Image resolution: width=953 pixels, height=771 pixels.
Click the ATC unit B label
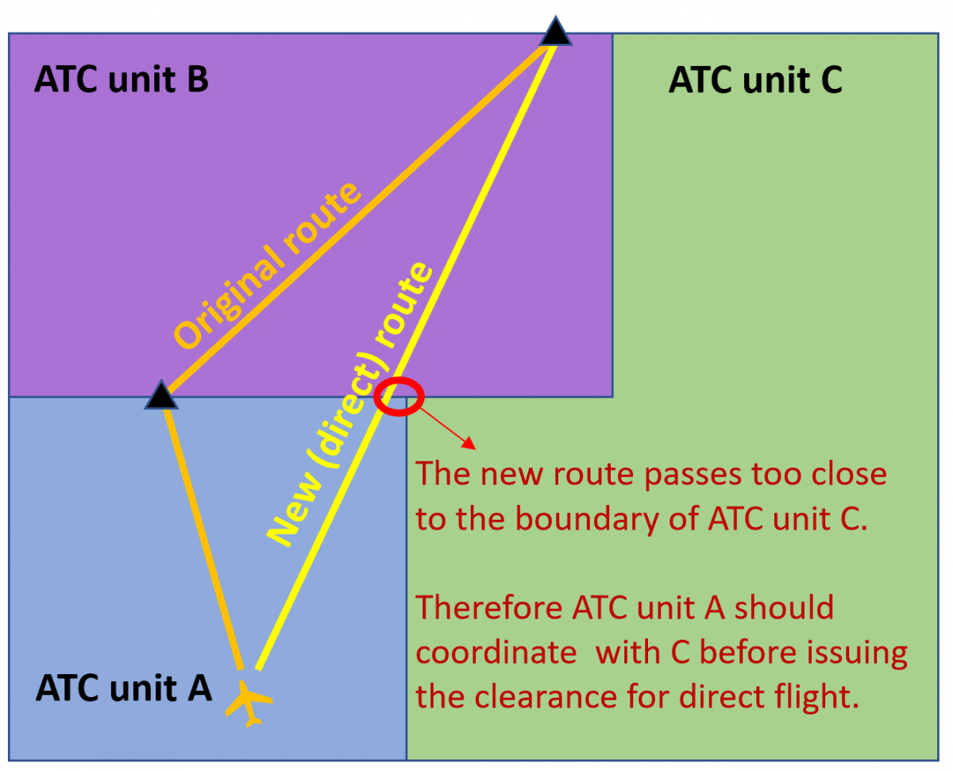[x=122, y=80]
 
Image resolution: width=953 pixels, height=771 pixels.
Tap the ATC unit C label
[x=755, y=80]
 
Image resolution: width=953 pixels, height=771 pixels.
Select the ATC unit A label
[x=124, y=688]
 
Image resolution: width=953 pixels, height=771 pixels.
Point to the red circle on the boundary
[x=399, y=395]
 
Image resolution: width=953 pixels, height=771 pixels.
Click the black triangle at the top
[x=556, y=33]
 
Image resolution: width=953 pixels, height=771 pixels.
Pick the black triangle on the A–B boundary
[x=161, y=395]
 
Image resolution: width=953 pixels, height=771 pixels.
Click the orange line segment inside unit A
[x=203, y=532]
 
